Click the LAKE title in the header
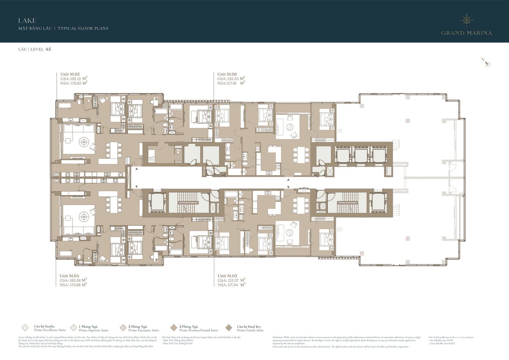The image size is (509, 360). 27,20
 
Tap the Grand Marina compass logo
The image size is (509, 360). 466,20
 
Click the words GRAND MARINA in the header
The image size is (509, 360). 466,33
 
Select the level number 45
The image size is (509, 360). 48,49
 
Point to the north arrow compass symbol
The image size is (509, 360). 486,62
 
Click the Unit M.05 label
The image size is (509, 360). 70,74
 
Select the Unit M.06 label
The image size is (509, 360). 227,74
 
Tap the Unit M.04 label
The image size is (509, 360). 70,276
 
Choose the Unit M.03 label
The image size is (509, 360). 227,276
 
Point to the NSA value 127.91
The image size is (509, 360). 233,83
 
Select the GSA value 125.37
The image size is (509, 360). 233,280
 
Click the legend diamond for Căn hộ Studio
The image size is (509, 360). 25,328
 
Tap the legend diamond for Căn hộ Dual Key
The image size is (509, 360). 229,328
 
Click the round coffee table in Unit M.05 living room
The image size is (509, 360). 83,140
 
